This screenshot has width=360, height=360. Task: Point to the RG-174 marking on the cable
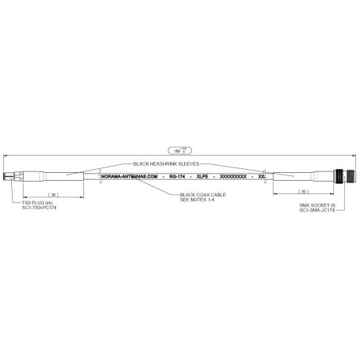coord(178,177)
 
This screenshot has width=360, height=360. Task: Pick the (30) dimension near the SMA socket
coord(302,192)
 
